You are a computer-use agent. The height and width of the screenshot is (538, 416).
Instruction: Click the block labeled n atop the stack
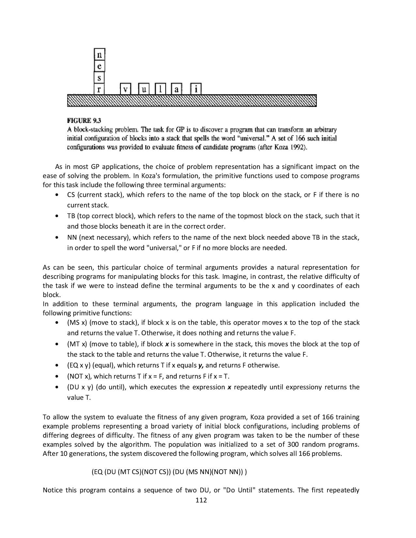(x=100, y=55)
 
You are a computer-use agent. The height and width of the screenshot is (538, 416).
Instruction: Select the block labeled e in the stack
(x=100, y=66)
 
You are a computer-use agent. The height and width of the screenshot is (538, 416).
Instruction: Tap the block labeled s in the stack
(x=100, y=78)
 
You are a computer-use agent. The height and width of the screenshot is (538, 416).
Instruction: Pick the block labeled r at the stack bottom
(x=99, y=89)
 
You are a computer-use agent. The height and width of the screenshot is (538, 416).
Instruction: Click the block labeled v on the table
(x=125, y=89)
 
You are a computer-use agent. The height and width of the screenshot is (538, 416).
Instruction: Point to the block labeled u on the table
(x=144, y=89)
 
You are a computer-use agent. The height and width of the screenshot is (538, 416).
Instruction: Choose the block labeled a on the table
(x=177, y=89)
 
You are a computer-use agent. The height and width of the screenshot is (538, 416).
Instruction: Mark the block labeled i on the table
(x=196, y=89)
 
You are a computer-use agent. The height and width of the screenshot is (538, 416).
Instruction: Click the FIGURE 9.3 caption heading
(x=84, y=121)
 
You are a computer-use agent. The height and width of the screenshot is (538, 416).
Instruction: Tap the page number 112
(x=201, y=500)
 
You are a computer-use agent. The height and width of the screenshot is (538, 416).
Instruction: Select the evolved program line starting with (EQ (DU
(x=169, y=472)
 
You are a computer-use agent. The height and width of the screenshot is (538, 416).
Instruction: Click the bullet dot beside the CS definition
(x=57, y=195)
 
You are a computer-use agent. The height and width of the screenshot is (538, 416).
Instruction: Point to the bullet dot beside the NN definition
(x=57, y=238)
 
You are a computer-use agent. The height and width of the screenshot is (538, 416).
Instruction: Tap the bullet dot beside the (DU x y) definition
(x=57, y=387)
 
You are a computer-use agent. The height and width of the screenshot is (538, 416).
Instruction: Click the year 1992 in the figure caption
(x=298, y=147)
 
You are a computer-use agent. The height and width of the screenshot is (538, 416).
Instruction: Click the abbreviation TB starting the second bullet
(x=71, y=216)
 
